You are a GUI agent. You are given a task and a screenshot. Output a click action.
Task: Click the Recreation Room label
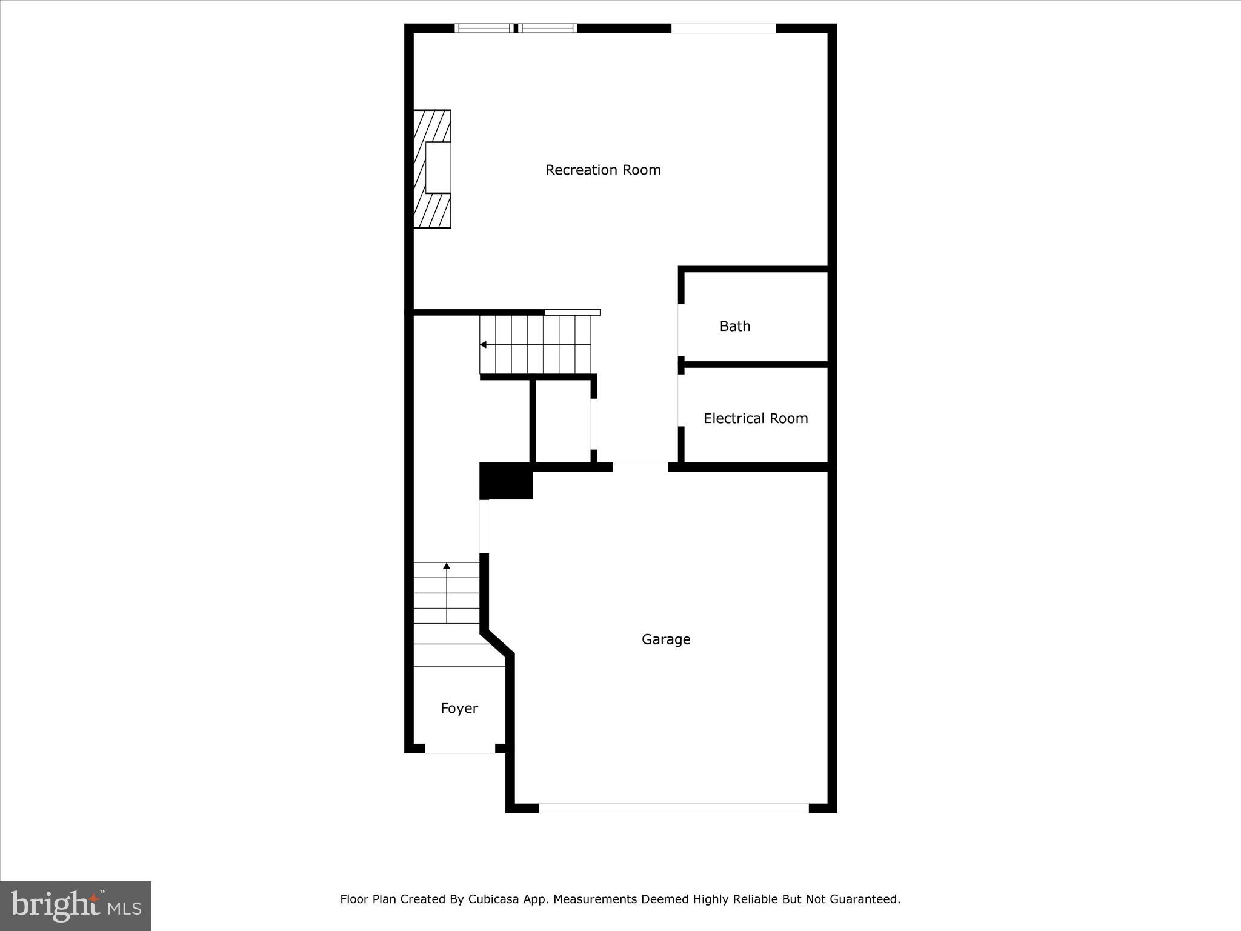(x=603, y=170)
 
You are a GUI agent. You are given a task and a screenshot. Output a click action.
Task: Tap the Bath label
(x=734, y=326)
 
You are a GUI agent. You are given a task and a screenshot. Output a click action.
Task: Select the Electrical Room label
(x=755, y=418)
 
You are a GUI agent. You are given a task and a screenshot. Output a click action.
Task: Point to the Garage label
(x=666, y=639)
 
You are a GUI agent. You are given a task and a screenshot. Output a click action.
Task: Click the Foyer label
(x=459, y=708)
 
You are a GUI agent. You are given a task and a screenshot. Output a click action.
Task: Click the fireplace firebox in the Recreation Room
(x=438, y=168)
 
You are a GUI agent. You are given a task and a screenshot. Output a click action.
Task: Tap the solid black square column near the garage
(x=506, y=481)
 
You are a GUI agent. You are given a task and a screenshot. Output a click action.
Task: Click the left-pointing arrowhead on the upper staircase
(x=484, y=345)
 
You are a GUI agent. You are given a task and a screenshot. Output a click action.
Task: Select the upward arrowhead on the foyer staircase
(x=447, y=566)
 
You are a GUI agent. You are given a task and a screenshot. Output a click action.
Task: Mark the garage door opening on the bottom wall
(x=673, y=808)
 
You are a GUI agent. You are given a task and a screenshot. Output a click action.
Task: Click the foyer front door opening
(x=460, y=749)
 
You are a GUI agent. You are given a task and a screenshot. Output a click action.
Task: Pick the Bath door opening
(x=681, y=330)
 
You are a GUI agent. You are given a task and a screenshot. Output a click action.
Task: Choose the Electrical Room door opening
(x=681, y=400)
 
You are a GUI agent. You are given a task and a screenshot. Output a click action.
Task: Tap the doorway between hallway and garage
(x=640, y=467)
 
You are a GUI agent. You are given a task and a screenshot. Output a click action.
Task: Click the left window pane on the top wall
(x=484, y=28)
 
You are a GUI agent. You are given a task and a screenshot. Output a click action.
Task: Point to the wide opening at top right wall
(x=723, y=28)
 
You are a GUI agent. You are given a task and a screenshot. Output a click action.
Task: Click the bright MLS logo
(x=76, y=906)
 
